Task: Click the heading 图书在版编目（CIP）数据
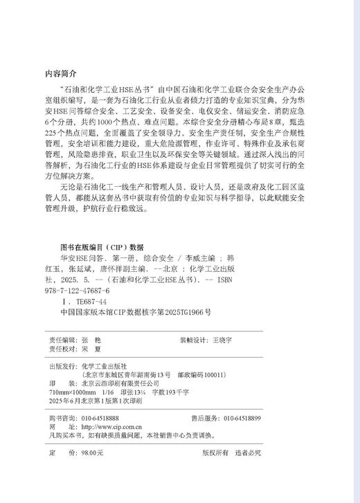click(102, 247)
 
